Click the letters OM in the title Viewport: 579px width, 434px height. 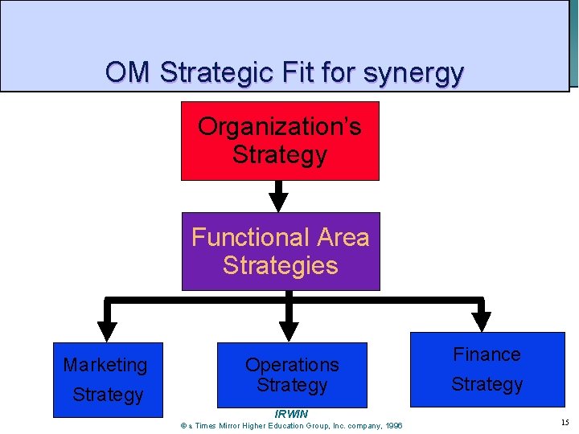click(x=128, y=73)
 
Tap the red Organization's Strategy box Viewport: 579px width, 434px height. click(x=280, y=141)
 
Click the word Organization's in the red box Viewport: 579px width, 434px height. click(x=280, y=127)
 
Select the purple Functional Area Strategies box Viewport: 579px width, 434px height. click(x=280, y=251)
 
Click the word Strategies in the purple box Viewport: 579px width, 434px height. click(x=280, y=266)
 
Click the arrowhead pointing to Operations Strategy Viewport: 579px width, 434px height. click(x=288, y=330)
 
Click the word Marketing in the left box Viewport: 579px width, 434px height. click(x=105, y=365)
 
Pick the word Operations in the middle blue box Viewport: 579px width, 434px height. click(x=292, y=365)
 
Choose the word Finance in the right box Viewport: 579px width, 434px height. click(x=487, y=354)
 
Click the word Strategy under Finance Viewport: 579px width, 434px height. click(x=487, y=385)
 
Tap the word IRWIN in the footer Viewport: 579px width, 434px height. click(x=291, y=414)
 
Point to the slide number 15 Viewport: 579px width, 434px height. click(x=564, y=423)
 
